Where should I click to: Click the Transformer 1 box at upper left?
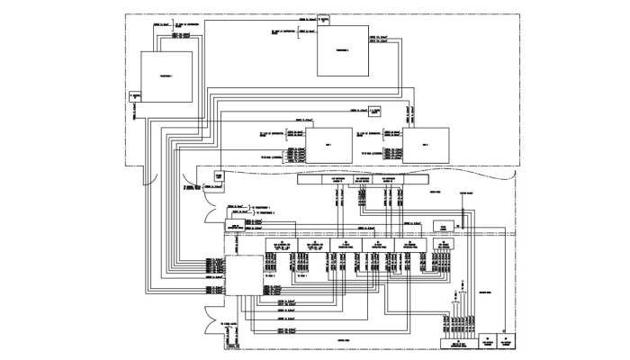[166, 79]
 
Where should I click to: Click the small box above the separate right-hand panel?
[442, 226]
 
